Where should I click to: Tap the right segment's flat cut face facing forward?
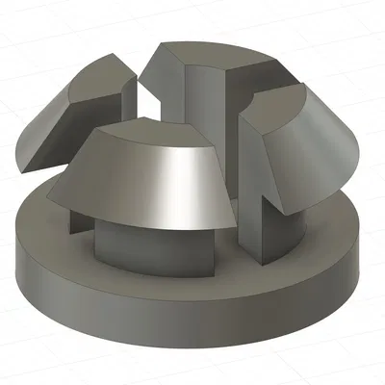coord(252,164)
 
